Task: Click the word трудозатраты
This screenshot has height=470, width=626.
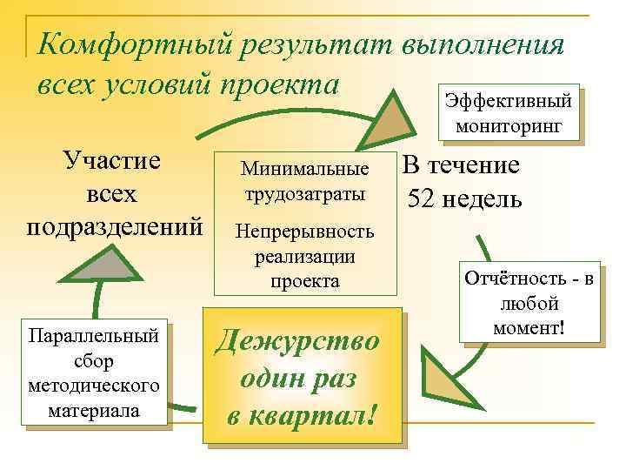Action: [x=304, y=192]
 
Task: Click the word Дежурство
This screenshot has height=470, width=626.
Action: [x=297, y=339]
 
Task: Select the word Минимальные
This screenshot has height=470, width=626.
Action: [x=304, y=168]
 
